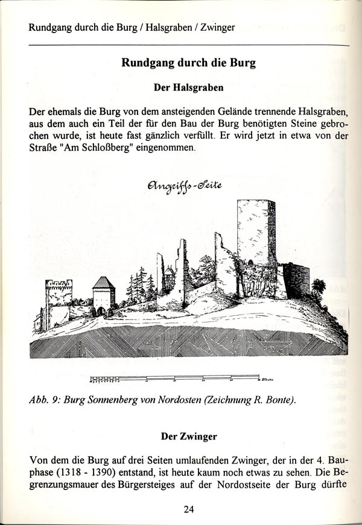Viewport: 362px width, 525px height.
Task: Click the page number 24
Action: click(x=189, y=509)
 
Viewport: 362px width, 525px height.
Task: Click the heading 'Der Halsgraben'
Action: click(x=189, y=87)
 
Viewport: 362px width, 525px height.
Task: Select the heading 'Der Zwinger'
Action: click(x=189, y=435)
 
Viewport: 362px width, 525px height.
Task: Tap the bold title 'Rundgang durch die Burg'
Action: click(x=189, y=63)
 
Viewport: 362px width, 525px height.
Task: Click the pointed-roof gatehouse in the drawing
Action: click(x=104, y=295)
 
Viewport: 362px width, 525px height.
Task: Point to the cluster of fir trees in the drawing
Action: click(x=140, y=285)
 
